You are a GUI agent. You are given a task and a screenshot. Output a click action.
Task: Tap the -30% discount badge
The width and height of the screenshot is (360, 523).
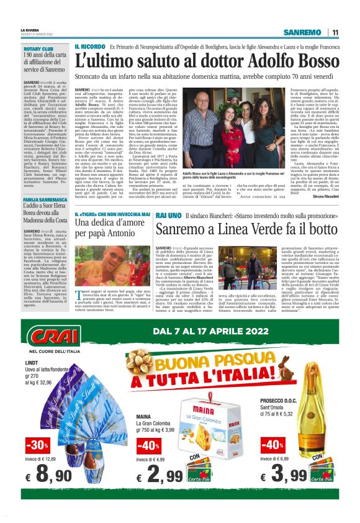point(38,445)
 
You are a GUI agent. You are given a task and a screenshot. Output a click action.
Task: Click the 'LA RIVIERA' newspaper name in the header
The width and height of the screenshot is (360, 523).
point(30,29)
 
